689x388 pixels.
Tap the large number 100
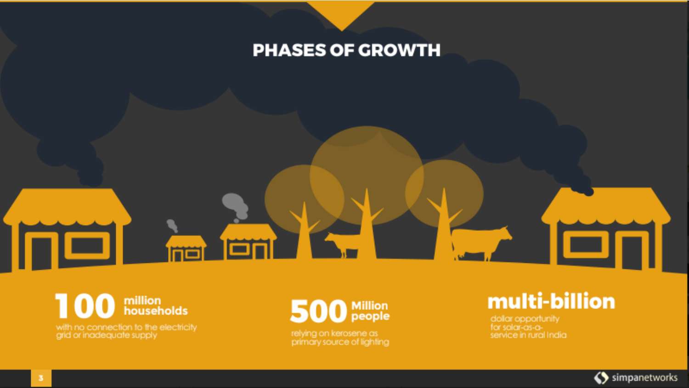[85, 306]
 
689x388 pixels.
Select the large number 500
[318, 311]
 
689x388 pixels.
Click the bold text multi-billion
[551, 302]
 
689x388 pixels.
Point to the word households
[156, 311]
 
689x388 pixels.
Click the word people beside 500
[370, 316]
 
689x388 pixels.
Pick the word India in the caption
[556, 335]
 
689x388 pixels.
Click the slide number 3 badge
[41, 378]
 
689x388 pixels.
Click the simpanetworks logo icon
[601, 378]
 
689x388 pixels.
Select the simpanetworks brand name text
[644, 378]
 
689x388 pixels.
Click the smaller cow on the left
[342, 243]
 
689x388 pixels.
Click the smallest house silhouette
[186, 249]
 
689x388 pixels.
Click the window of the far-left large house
[87, 245]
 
